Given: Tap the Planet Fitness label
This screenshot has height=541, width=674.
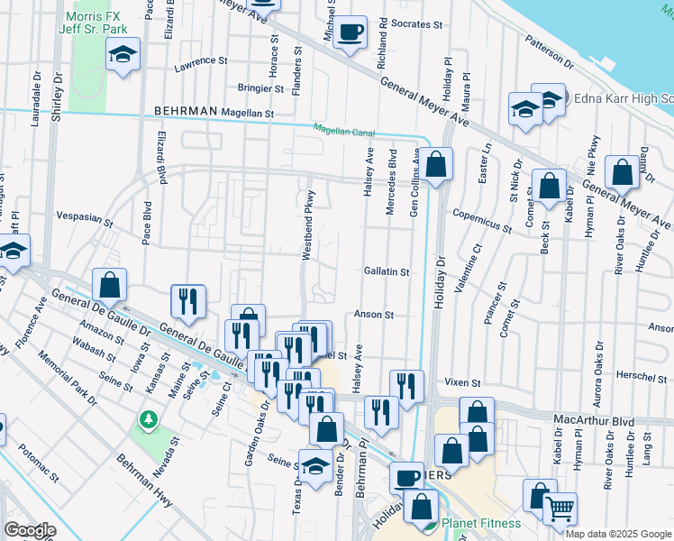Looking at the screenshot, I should coord(481,523).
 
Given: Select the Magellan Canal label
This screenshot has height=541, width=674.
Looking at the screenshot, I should coord(343,130).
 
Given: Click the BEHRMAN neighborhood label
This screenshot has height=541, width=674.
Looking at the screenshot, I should coord(186,111).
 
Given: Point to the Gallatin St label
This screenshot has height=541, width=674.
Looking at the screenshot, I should coord(387,271).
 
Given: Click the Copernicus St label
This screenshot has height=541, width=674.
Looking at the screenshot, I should coord(482,219).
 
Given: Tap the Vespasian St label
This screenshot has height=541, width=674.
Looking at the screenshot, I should coord(84,219).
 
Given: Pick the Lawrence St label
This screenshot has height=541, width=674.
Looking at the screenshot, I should coord(201,61).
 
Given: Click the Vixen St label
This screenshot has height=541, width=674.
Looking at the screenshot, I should coord(462,383).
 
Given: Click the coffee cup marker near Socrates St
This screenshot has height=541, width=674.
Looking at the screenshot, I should coord(350,32).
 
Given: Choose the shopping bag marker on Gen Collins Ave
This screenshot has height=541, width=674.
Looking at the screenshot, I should coord(434,165).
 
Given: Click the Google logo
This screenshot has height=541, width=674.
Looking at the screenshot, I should coord(30,530).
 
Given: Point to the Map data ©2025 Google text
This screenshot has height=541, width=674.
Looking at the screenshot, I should coord(618,534).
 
